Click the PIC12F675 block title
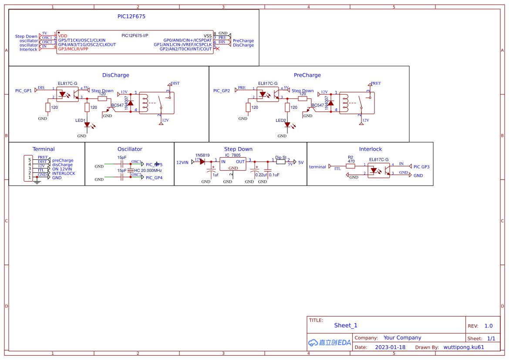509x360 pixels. (x=131, y=16)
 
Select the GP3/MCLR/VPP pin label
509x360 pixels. (x=73, y=49)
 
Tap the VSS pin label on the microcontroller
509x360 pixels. (x=208, y=36)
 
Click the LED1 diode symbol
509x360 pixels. (x=87, y=125)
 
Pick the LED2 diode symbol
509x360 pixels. (x=287, y=125)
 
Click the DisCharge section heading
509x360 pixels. (x=116, y=75)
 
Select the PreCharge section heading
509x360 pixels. (x=307, y=75)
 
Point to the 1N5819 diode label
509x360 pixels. (x=202, y=155)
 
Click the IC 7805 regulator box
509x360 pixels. (x=233, y=164)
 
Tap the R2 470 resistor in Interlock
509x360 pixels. (x=351, y=165)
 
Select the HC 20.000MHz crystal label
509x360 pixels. (x=148, y=171)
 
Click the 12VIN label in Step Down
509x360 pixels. (x=182, y=162)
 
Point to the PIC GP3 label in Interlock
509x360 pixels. (x=421, y=167)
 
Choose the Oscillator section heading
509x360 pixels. (x=130, y=149)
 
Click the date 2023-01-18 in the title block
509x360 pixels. (x=390, y=347)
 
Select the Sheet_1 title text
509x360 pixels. (x=346, y=326)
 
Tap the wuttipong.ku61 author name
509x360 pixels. (x=464, y=347)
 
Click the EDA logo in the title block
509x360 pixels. (x=330, y=343)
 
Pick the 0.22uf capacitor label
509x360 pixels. (x=261, y=175)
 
